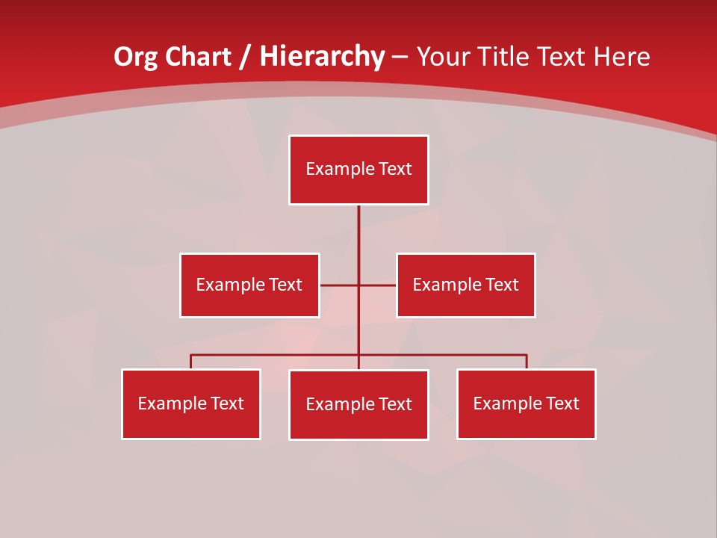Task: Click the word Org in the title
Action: point(136,58)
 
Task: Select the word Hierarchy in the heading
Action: point(322,58)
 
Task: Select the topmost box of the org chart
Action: point(358,170)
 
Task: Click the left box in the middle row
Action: point(249,285)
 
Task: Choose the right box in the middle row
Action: point(465,285)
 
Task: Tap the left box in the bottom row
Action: point(191,403)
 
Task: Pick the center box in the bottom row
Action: point(358,404)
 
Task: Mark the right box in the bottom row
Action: point(526,403)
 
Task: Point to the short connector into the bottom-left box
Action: point(191,362)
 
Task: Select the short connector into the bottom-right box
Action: point(527,362)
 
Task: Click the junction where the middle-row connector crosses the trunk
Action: point(358,285)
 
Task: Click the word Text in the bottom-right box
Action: point(562,403)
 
